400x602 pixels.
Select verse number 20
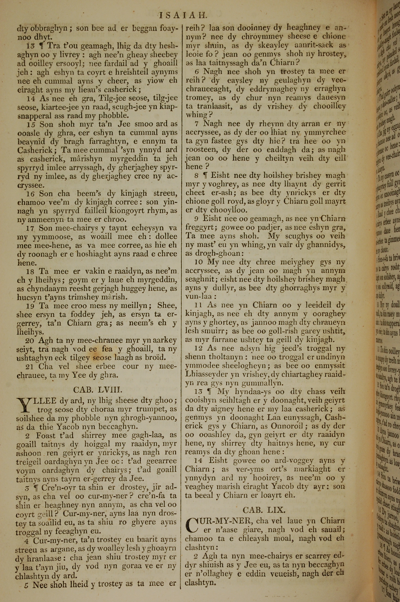click(x=30, y=340)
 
